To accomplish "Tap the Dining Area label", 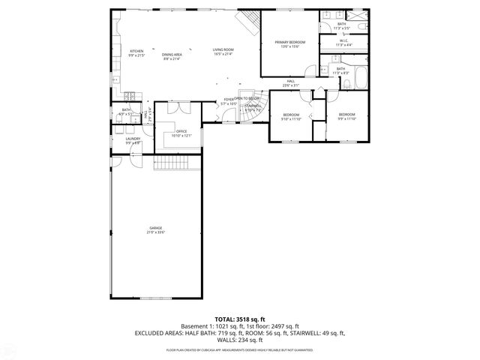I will (171, 56).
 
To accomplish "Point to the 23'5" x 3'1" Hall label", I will (291, 83).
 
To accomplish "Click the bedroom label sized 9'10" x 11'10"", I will (291, 117).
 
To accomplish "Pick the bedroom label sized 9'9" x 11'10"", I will (346, 117).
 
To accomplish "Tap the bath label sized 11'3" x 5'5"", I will (341, 26).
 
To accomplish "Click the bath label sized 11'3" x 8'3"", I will (340, 70).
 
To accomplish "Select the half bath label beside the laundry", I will (126, 112).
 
